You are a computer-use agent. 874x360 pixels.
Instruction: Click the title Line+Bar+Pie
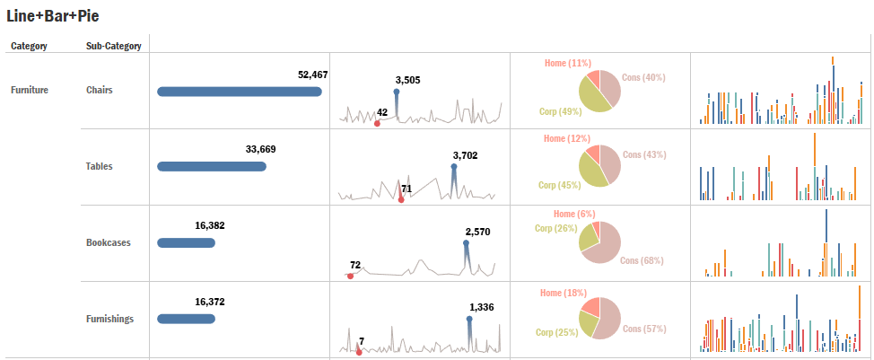click(52, 15)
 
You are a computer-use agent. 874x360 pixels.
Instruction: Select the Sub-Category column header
click(113, 46)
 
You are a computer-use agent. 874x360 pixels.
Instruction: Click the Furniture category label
click(30, 90)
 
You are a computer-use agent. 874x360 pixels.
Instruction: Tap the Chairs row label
click(100, 90)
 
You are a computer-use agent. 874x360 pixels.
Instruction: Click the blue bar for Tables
click(211, 166)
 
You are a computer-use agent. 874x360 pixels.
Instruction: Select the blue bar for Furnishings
click(186, 319)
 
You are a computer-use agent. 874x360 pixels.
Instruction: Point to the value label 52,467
click(312, 75)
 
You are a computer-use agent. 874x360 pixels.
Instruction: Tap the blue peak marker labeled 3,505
click(397, 92)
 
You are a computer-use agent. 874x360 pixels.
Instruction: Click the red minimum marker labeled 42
click(377, 123)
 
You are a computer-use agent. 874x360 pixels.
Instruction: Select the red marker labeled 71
click(401, 199)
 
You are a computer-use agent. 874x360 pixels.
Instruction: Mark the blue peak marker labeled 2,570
click(466, 242)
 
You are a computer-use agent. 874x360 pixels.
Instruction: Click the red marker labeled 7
click(359, 352)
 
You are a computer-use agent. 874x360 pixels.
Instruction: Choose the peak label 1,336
click(481, 307)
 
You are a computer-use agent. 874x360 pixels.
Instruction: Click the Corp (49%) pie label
click(560, 111)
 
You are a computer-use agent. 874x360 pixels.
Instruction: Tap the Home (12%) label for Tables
click(566, 139)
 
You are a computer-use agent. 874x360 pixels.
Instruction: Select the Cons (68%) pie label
click(642, 260)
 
